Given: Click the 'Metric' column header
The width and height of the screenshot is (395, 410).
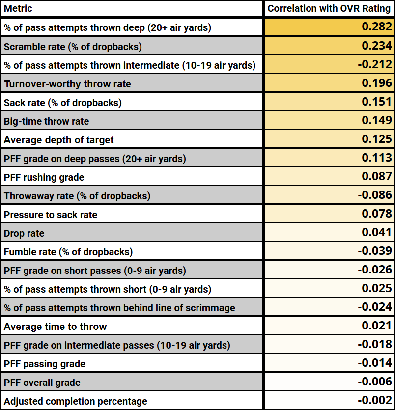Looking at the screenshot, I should click(x=18, y=9).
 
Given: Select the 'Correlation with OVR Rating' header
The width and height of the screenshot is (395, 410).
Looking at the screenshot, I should click(x=329, y=9).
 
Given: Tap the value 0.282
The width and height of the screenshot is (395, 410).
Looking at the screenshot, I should click(x=377, y=27).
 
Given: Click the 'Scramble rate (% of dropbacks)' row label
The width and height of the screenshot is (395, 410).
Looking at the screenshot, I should click(x=73, y=47).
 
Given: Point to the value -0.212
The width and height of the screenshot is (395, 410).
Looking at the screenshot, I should click(x=375, y=64).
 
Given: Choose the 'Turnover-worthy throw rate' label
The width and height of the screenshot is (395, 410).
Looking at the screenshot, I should click(x=68, y=84).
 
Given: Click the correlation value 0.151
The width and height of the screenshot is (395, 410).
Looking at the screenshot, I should click(x=377, y=102).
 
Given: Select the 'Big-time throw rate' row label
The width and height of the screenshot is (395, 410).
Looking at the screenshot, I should click(x=47, y=121).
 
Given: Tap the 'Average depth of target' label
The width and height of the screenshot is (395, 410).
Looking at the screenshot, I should click(x=58, y=140).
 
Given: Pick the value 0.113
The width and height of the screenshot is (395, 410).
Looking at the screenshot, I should click(x=377, y=158).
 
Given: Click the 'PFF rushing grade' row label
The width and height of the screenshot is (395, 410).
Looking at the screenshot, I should click(x=44, y=177).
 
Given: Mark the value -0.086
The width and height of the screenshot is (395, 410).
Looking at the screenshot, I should click(x=375, y=195).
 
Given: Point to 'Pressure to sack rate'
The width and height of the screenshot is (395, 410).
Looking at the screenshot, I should click(x=51, y=215).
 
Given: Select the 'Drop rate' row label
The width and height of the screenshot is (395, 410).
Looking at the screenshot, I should click(x=24, y=233).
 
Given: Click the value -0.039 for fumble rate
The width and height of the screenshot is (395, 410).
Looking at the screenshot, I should click(x=375, y=251).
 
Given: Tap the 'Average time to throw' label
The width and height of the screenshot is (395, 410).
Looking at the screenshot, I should click(x=55, y=327).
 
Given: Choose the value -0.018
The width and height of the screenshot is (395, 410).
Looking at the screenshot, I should click(x=375, y=344).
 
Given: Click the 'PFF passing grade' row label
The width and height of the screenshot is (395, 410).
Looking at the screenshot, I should click(x=44, y=364).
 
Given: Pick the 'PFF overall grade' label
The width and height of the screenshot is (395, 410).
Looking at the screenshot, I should click(x=42, y=383).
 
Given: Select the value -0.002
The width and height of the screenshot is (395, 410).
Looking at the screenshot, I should click(x=375, y=400).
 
